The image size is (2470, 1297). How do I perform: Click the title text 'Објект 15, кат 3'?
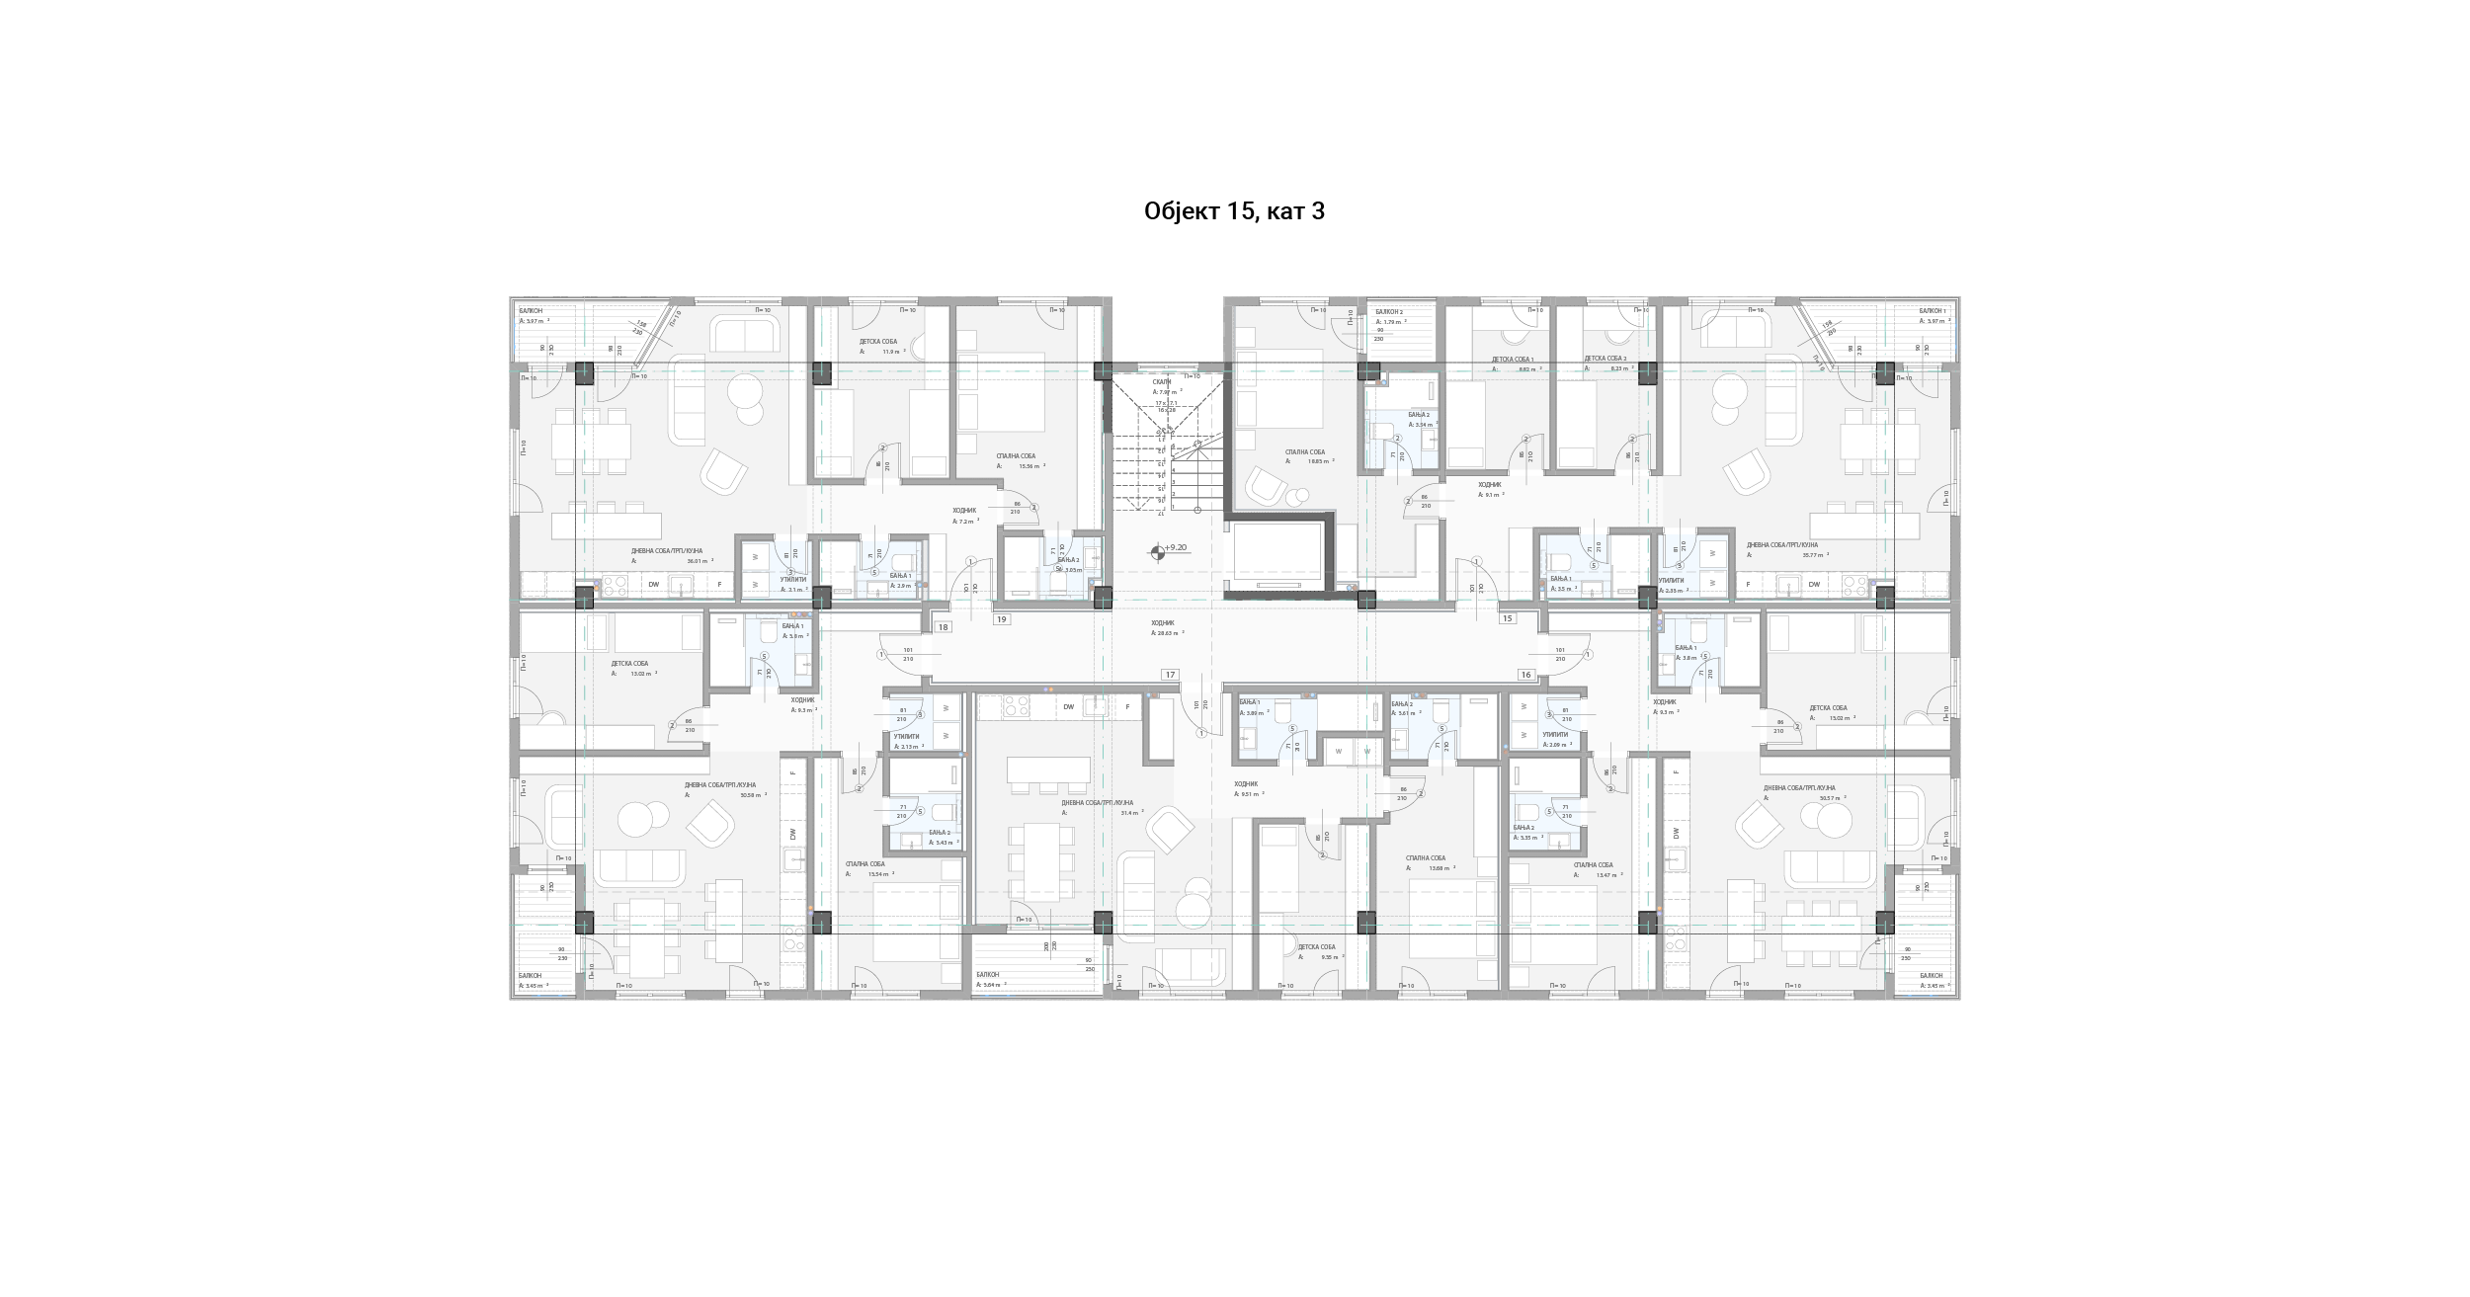[x=1234, y=211]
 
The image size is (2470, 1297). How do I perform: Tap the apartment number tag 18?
[x=943, y=627]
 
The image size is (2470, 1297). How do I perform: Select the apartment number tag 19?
[x=1002, y=619]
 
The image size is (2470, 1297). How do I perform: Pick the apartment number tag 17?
[x=1170, y=675]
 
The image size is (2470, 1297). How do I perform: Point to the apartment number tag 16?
[x=1525, y=675]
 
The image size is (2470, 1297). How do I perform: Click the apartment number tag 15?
[x=1507, y=618]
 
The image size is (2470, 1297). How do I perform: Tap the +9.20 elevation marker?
[x=1175, y=547]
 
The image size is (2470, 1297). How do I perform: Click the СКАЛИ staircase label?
[x=1161, y=381]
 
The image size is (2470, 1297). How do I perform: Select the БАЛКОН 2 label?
[x=1389, y=311]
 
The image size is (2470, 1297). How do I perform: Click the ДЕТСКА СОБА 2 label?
[x=1605, y=359]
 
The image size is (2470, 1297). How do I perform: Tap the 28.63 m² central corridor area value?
[x=1167, y=633]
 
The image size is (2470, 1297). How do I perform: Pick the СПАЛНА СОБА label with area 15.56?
[x=1016, y=456]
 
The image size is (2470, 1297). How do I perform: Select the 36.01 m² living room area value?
[x=700, y=561]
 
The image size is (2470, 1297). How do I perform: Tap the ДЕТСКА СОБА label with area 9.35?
[x=1316, y=946]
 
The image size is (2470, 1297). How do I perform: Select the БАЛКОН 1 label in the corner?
[x=1933, y=311]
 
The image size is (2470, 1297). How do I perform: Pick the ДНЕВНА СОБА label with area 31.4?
[x=1097, y=803]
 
